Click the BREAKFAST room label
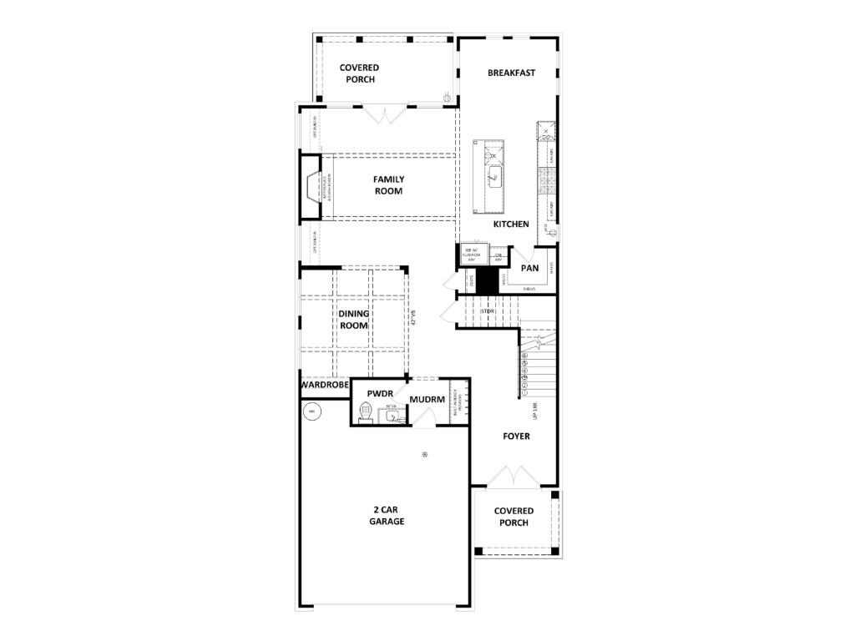(x=511, y=73)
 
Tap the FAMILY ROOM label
(x=388, y=185)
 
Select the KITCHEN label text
(x=511, y=225)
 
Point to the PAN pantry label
(x=529, y=269)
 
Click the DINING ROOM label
(x=353, y=320)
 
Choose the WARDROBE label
(x=324, y=386)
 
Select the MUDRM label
(x=427, y=400)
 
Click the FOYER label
(x=516, y=437)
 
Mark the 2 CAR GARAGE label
(x=387, y=515)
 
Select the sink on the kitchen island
(x=494, y=176)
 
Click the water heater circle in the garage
(x=311, y=411)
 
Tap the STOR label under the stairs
(x=489, y=311)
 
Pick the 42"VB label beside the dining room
(x=412, y=318)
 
